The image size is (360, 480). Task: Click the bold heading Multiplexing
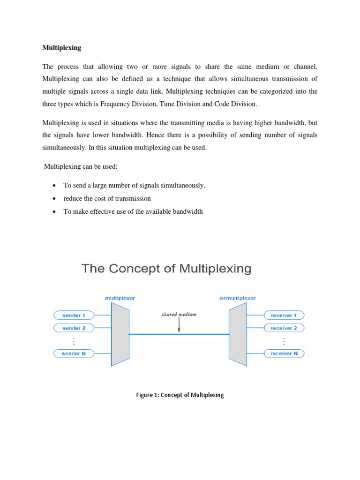point(61,47)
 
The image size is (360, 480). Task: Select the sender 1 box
point(74,315)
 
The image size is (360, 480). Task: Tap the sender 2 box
point(74,328)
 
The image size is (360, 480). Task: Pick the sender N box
point(74,353)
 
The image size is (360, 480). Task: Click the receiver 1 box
point(284,315)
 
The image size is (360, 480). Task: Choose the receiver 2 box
point(284,328)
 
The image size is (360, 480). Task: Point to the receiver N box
point(284,353)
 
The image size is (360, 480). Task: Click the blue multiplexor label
point(120,298)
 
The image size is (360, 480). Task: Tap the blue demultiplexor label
point(238,298)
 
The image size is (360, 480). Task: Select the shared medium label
point(179,315)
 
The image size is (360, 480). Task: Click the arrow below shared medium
point(179,326)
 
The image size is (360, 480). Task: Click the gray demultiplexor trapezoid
point(238,334)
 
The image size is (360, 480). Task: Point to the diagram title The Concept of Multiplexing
point(167,269)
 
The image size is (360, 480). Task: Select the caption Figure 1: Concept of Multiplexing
point(180,395)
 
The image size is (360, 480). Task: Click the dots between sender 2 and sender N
point(74,341)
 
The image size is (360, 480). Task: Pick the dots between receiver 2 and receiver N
point(284,341)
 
